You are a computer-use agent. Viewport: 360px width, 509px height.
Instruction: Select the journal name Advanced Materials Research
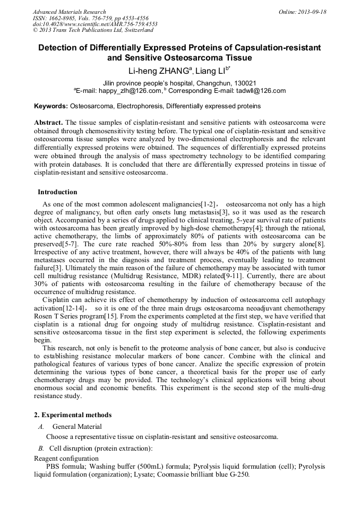(x=69, y=12)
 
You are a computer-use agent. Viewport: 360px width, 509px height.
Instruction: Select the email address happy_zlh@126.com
(x=129, y=91)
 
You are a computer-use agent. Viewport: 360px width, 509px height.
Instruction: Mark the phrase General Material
(x=77, y=426)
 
